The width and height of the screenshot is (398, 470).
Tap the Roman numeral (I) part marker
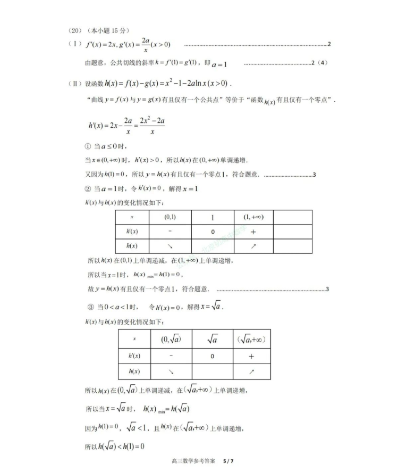(x=74, y=44)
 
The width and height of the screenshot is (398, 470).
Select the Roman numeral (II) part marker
(x=75, y=84)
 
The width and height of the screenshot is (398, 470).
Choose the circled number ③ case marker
(x=90, y=307)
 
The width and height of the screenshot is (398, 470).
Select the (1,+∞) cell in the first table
(x=253, y=217)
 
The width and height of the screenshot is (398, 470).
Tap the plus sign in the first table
(x=253, y=232)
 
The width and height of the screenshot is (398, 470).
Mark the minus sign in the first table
(x=170, y=232)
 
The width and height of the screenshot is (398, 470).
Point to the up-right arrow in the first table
(x=253, y=246)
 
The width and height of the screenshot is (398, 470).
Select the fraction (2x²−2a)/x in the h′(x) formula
(x=152, y=126)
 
